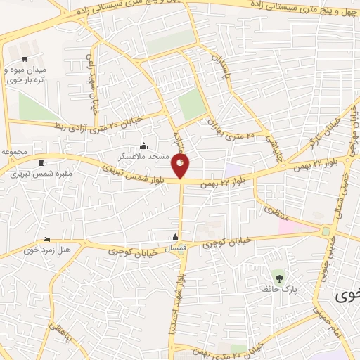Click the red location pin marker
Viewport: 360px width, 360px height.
tap(181, 167)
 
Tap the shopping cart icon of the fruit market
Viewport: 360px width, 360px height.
tap(25, 59)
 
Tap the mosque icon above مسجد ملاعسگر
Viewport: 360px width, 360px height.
tap(144, 146)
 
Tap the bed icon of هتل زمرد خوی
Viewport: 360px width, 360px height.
tap(47, 240)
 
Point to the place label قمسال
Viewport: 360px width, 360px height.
tap(175, 248)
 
